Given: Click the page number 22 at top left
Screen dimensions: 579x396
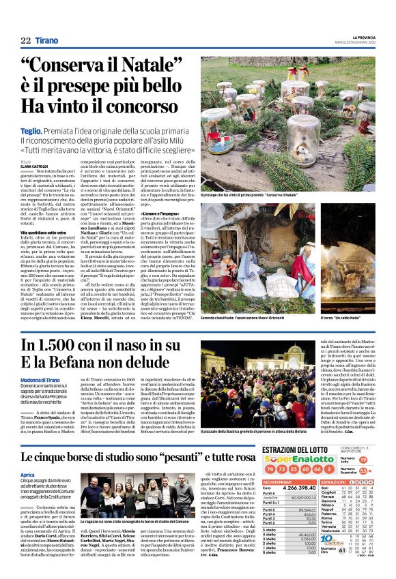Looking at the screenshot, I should pos(26,41).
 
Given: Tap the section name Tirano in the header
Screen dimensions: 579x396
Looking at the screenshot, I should pos(47,41).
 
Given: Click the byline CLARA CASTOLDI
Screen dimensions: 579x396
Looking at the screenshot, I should pos(33,166).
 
